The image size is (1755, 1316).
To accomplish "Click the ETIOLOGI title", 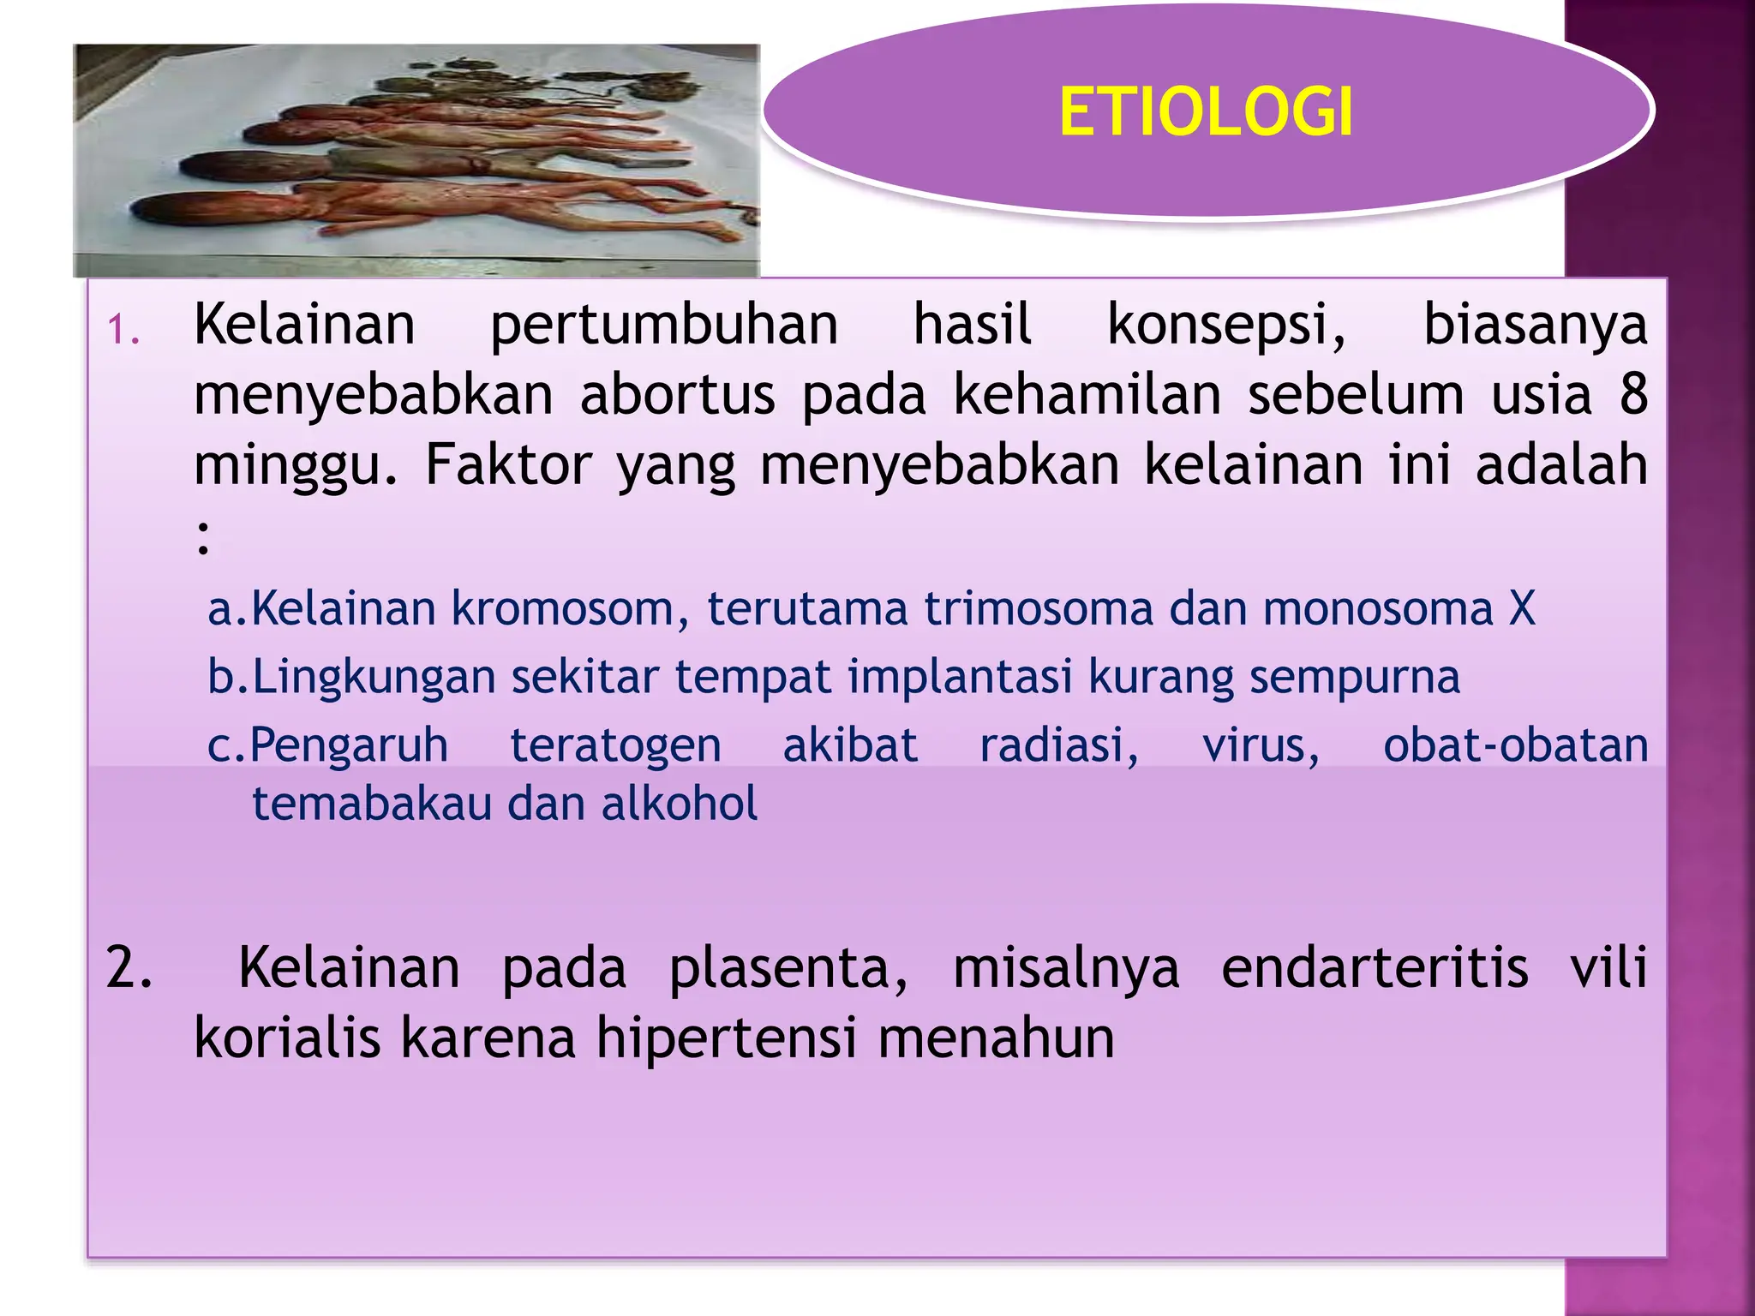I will click(x=1206, y=112).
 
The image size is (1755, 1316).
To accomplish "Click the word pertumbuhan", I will click(x=664, y=326).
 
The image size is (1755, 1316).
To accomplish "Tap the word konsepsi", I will click(x=1226, y=326).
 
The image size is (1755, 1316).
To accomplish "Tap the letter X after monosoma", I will click(x=1522, y=609).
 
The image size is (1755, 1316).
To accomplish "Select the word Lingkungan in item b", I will click(x=374, y=678).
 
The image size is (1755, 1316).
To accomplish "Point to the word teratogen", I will click(x=615, y=745).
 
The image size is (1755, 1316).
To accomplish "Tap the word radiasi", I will click(x=1059, y=745).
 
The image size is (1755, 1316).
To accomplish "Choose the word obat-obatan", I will click(x=1515, y=745).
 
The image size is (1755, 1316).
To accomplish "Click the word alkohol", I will click(x=680, y=804).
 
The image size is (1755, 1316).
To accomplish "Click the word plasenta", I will click(x=788, y=968).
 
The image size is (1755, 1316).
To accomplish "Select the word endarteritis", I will click(x=1375, y=968).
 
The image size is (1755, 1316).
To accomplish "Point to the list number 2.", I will click(x=129, y=968).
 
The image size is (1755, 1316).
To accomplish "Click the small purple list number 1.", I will click(x=123, y=330).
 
